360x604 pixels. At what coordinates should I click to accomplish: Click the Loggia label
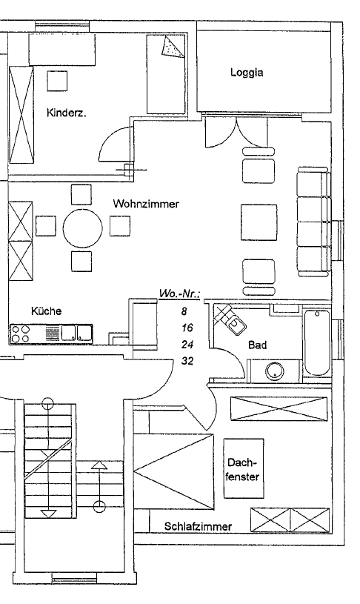point(247,73)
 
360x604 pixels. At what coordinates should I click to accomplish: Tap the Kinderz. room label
point(66,113)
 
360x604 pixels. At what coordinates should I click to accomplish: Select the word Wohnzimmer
point(146,203)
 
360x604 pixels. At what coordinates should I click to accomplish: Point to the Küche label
point(46,311)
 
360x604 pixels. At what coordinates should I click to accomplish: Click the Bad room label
point(257,345)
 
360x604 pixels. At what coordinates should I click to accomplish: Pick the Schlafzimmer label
point(198,526)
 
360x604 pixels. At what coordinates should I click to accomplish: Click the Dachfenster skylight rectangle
point(244,468)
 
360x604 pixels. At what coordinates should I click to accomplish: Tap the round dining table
point(83,228)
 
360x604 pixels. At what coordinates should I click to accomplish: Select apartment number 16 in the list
point(187,328)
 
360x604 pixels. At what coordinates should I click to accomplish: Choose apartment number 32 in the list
point(187,362)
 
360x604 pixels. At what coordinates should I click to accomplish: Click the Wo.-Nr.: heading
point(180,294)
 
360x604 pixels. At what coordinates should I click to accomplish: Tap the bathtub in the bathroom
point(317,343)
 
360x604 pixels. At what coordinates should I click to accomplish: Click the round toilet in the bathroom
point(275,371)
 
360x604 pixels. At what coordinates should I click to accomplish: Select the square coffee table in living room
point(259,222)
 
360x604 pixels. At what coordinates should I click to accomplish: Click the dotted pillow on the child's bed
point(173,47)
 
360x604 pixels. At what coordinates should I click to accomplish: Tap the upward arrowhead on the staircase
point(99,465)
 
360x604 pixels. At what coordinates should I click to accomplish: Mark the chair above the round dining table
point(81,194)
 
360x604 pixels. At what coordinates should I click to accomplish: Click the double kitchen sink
point(77,333)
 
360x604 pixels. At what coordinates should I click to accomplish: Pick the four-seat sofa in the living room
point(313,222)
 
